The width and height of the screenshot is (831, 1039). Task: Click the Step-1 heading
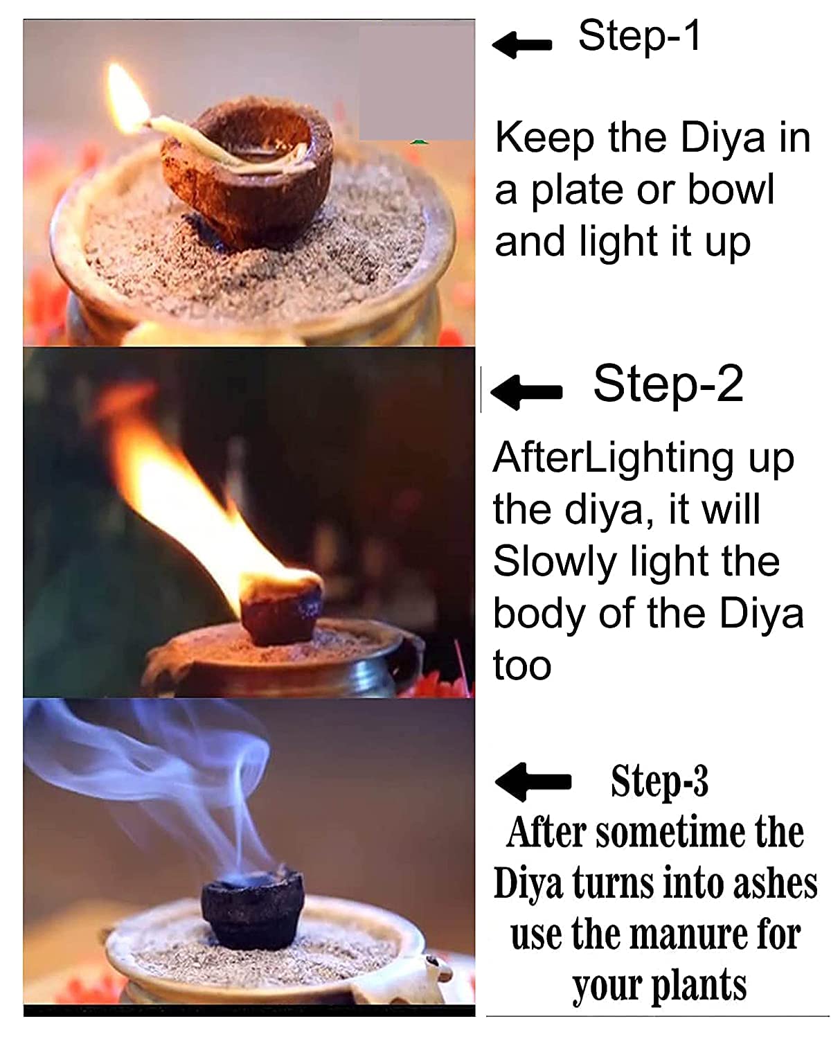tap(638, 36)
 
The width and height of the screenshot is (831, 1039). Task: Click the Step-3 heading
tap(659, 781)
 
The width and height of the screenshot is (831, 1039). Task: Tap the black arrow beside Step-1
tap(521, 45)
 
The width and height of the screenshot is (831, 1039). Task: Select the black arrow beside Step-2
tap(526, 392)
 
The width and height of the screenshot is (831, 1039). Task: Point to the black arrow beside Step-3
tap(533, 783)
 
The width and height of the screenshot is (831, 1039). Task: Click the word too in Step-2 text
tap(522, 666)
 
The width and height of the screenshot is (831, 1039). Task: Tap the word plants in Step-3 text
tap(699, 987)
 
